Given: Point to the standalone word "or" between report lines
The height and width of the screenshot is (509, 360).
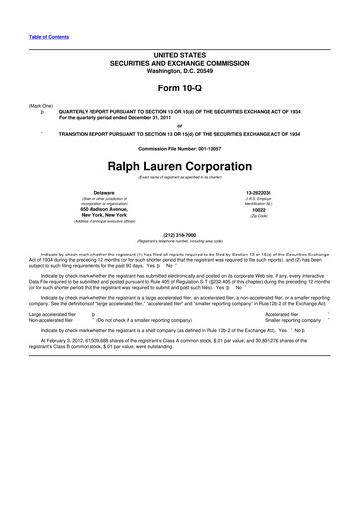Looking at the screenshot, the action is [x=180, y=125].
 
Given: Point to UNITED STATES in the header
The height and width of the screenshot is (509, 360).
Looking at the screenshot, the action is [x=180, y=51].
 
